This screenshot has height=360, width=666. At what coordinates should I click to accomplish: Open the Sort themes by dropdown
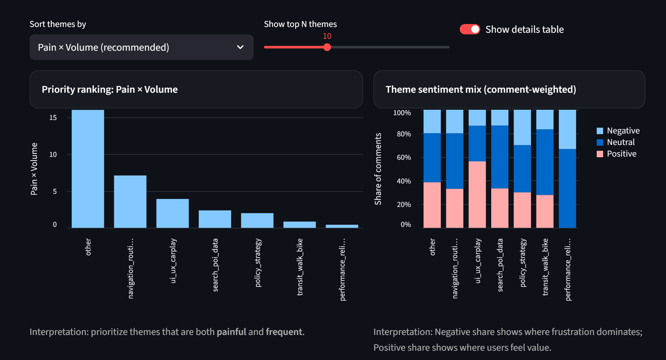[x=141, y=47]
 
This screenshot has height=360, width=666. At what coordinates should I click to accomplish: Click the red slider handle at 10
[x=327, y=47]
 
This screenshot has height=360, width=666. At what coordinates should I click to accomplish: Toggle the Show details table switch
[x=470, y=29]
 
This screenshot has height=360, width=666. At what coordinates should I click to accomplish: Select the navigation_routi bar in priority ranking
[x=130, y=201]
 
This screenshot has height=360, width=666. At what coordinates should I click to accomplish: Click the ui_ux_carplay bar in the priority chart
[x=172, y=213]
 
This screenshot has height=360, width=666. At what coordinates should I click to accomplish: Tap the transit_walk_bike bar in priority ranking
[x=299, y=225]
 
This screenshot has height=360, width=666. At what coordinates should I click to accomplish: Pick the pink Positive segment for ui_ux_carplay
[x=477, y=194]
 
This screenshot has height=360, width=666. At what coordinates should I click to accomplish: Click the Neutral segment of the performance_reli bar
[x=567, y=188]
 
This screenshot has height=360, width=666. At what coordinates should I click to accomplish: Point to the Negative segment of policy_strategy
[x=522, y=127]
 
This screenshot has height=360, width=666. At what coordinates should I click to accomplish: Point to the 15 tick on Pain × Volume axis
[x=53, y=118]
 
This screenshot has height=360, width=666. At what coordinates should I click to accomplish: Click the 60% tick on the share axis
[x=404, y=157]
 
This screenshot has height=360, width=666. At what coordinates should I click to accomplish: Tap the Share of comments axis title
[x=378, y=169]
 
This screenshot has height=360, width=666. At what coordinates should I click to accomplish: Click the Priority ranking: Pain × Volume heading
[x=110, y=89]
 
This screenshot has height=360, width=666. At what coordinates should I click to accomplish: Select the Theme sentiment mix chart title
[x=481, y=89]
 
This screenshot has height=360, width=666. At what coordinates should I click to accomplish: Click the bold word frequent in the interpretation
[x=284, y=332]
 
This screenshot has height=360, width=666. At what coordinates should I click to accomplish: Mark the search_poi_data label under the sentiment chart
[x=500, y=265]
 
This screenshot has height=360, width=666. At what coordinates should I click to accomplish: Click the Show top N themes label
[x=300, y=24]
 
